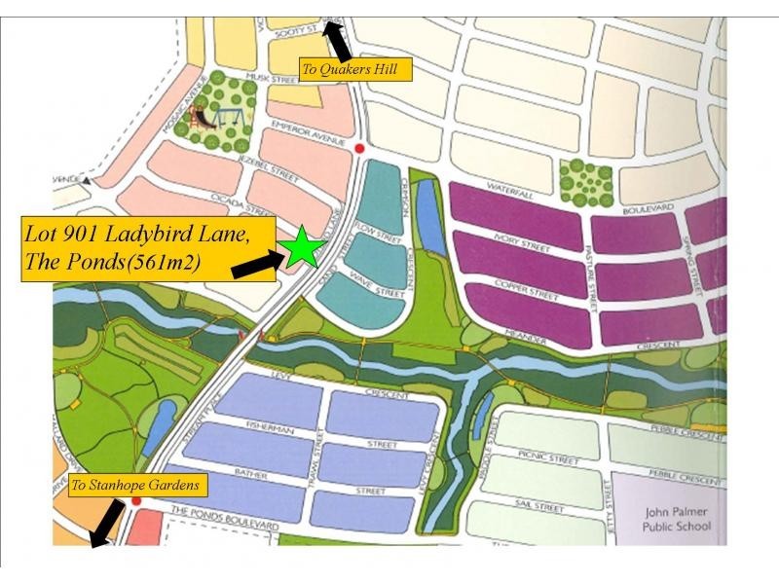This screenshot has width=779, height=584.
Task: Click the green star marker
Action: click(x=303, y=247)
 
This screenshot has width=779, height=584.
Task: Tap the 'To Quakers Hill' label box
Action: click(x=356, y=69)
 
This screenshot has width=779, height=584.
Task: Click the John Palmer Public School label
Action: click(x=678, y=520)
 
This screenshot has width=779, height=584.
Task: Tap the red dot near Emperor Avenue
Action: click(x=359, y=148)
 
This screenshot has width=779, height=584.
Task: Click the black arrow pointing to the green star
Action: click(x=256, y=261)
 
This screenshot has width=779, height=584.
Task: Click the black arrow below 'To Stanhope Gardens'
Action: click(x=104, y=521)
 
